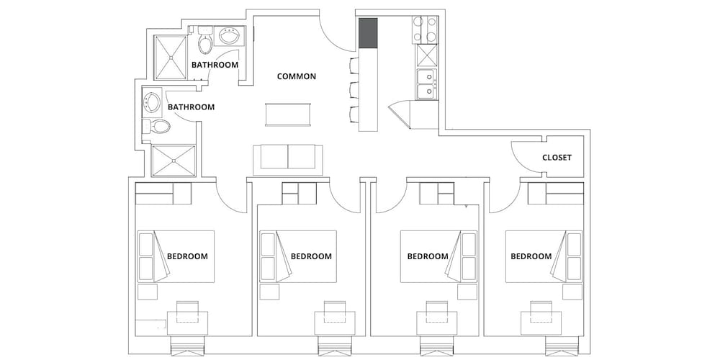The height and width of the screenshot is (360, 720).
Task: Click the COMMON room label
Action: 296,76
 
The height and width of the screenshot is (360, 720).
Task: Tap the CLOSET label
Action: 557,158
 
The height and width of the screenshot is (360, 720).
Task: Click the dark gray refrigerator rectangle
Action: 368,32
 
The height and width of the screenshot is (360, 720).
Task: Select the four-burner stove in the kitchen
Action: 425,30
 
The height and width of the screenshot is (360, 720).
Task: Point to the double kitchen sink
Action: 427,84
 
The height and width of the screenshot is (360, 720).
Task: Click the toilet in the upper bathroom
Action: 205,40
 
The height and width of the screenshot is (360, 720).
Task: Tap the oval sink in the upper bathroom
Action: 228,36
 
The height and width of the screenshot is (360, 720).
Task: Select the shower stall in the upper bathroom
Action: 170,57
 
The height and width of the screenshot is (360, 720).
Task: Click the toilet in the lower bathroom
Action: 156,125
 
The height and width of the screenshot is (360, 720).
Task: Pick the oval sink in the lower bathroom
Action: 151,102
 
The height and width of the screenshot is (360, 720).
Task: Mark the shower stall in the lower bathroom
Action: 174,161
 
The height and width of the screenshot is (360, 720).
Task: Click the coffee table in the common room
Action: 289,114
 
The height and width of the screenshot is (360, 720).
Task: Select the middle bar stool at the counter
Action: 354,89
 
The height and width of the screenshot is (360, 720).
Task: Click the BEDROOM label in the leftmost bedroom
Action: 187,256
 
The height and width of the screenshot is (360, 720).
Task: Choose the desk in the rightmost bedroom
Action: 541,323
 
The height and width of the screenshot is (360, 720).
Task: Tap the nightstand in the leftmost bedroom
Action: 148,292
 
